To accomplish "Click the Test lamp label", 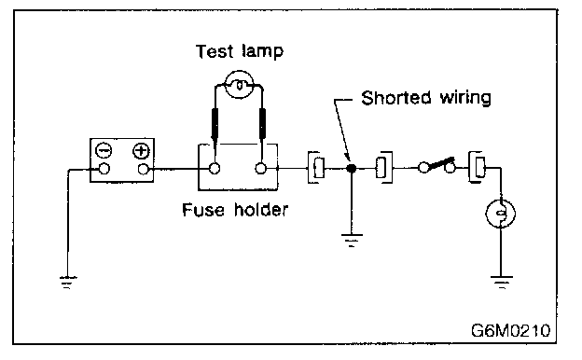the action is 240,51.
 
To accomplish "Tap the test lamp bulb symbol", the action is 240,85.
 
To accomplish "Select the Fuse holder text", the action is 235,210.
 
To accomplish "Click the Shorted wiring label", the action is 426,98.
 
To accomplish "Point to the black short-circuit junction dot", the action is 351,169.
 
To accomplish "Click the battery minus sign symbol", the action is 104,150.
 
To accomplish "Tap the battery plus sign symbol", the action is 141,150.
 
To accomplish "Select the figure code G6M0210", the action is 511,330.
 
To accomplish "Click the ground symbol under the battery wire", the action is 68,282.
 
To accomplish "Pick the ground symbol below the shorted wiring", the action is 351,240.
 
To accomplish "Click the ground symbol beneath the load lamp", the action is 501,282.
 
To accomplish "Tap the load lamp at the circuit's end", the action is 501,214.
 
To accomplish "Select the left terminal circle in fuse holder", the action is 215,169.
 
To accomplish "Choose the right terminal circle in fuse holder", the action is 261,169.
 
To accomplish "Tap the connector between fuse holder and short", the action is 316,167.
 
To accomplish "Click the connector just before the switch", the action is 383,167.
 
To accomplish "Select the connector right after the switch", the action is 477,167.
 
